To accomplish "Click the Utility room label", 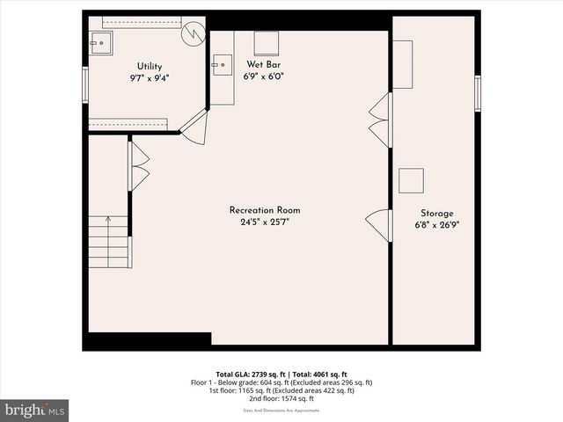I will click(149, 67).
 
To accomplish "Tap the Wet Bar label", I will click(263, 64).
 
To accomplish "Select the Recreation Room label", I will click(265, 210).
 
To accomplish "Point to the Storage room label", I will click(436, 214).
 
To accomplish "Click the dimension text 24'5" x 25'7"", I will click(265, 222).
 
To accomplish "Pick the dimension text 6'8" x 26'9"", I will click(436, 225).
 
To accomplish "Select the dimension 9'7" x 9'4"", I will click(149, 78).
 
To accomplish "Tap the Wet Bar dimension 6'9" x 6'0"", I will click(263, 76).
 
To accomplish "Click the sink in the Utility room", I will click(101, 41).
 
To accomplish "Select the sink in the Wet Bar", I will click(221, 63).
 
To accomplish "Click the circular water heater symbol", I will click(193, 33).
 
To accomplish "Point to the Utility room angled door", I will click(194, 127).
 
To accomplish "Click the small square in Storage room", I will click(411, 180).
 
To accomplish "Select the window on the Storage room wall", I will click(478, 93).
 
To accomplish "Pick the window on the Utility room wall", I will click(85, 85).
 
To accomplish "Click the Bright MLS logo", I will click(34, 410).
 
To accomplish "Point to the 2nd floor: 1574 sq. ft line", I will click(281, 398).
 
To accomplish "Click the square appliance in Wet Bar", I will click(266, 44).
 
